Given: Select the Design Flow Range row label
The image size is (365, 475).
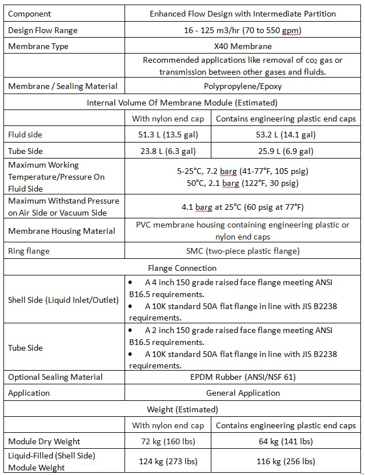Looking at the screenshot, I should (x=43, y=30).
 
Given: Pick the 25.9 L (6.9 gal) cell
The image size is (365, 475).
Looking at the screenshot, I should (x=286, y=151).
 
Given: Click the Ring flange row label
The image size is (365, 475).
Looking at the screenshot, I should (x=29, y=251).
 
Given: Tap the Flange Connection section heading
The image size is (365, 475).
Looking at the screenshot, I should (x=182, y=267).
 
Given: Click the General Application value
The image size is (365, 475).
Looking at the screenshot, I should (x=243, y=393).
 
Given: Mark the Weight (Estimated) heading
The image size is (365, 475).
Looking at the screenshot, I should (x=182, y=409).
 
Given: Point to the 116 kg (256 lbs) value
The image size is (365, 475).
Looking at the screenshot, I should (x=286, y=461).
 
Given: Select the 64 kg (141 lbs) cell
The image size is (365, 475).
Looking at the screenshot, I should (x=286, y=441).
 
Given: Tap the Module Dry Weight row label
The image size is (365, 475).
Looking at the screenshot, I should (x=44, y=441).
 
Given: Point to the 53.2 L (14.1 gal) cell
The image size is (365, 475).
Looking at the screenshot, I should (x=286, y=135).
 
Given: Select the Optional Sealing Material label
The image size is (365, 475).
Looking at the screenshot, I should (x=55, y=377).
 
